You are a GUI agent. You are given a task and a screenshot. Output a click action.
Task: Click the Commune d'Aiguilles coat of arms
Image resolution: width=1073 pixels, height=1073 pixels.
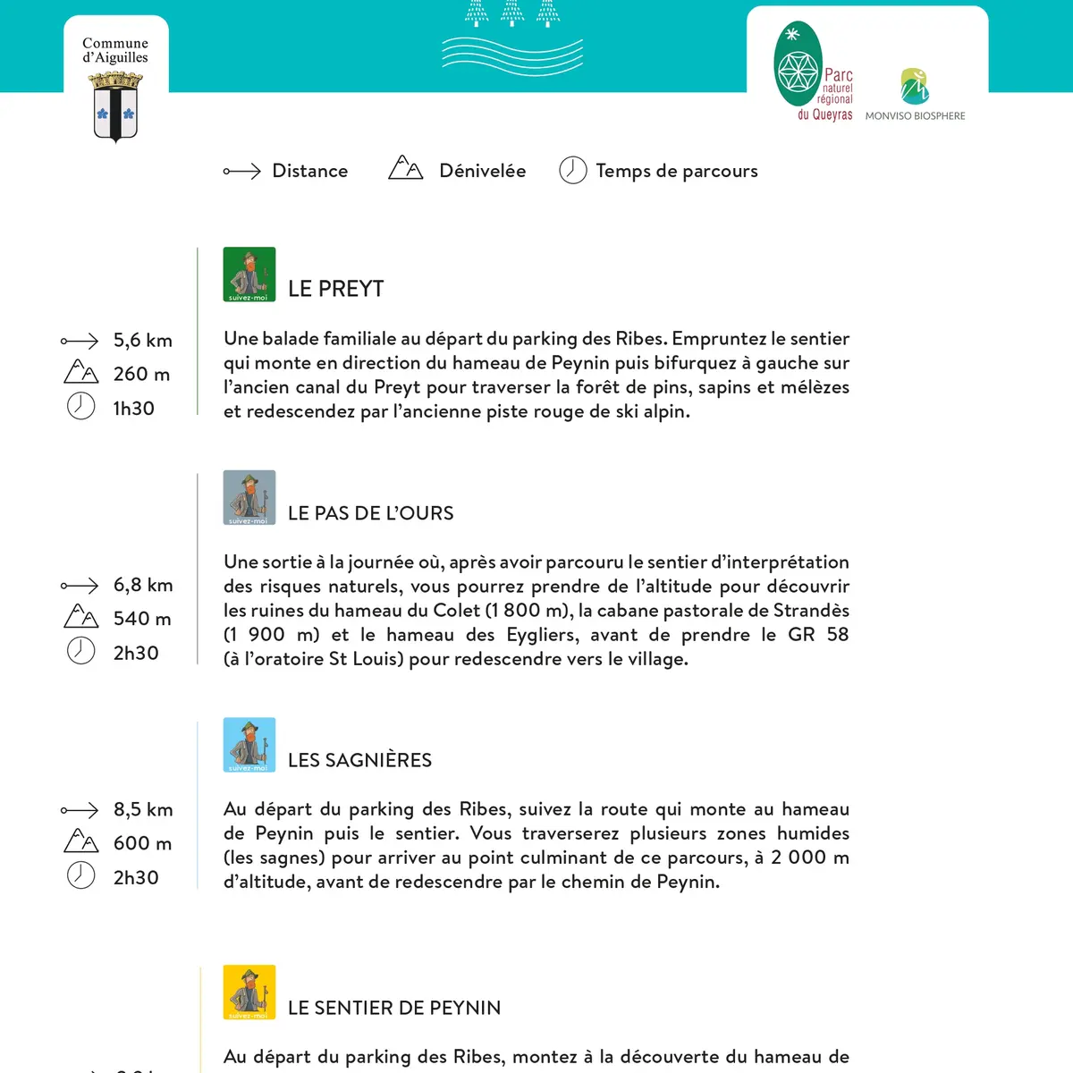[x=115, y=106]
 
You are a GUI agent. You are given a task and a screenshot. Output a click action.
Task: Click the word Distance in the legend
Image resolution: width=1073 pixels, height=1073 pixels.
[x=309, y=171]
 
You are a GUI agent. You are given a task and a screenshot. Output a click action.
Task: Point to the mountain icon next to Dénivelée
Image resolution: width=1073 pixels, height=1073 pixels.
[x=405, y=168]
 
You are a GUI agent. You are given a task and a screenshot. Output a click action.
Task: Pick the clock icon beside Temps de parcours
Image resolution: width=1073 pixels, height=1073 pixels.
[x=572, y=170]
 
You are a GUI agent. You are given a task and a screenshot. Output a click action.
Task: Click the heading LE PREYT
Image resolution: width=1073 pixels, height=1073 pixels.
[x=335, y=289]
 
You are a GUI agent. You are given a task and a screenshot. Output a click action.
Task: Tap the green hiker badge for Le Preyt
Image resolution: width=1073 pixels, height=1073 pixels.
[x=249, y=275]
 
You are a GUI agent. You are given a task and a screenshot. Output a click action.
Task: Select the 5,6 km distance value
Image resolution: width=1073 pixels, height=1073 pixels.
[x=142, y=341]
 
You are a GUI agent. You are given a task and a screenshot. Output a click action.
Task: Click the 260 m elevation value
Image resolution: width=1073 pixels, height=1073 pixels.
[x=141, y=374]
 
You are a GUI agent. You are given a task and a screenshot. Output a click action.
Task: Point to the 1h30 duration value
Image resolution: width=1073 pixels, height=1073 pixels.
[x=133, y=409]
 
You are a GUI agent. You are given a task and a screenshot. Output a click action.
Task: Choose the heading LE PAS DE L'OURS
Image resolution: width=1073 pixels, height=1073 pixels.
[x=370, y=513]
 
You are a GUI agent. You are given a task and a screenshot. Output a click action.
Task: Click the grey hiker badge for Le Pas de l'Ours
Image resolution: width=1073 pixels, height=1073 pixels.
[x=249, y=497]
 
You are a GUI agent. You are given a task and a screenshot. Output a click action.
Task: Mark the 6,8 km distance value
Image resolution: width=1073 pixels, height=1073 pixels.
[x=143, y=585]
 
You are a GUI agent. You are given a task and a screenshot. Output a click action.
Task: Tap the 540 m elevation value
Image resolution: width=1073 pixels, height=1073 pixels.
[x=142, y=619]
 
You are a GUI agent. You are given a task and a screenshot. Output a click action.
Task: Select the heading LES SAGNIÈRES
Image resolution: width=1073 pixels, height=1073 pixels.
[x=359, y=760]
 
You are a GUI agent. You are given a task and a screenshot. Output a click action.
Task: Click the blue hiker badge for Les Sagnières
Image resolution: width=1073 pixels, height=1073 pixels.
[x=249, y=745]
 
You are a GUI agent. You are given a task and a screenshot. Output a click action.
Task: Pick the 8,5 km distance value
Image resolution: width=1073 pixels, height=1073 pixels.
[x=143, y=809]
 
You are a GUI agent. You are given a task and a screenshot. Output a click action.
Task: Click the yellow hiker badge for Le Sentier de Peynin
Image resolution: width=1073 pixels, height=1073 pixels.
[x=249, y=993]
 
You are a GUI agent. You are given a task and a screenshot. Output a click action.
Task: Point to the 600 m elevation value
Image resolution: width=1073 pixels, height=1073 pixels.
[x=142, y=843]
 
